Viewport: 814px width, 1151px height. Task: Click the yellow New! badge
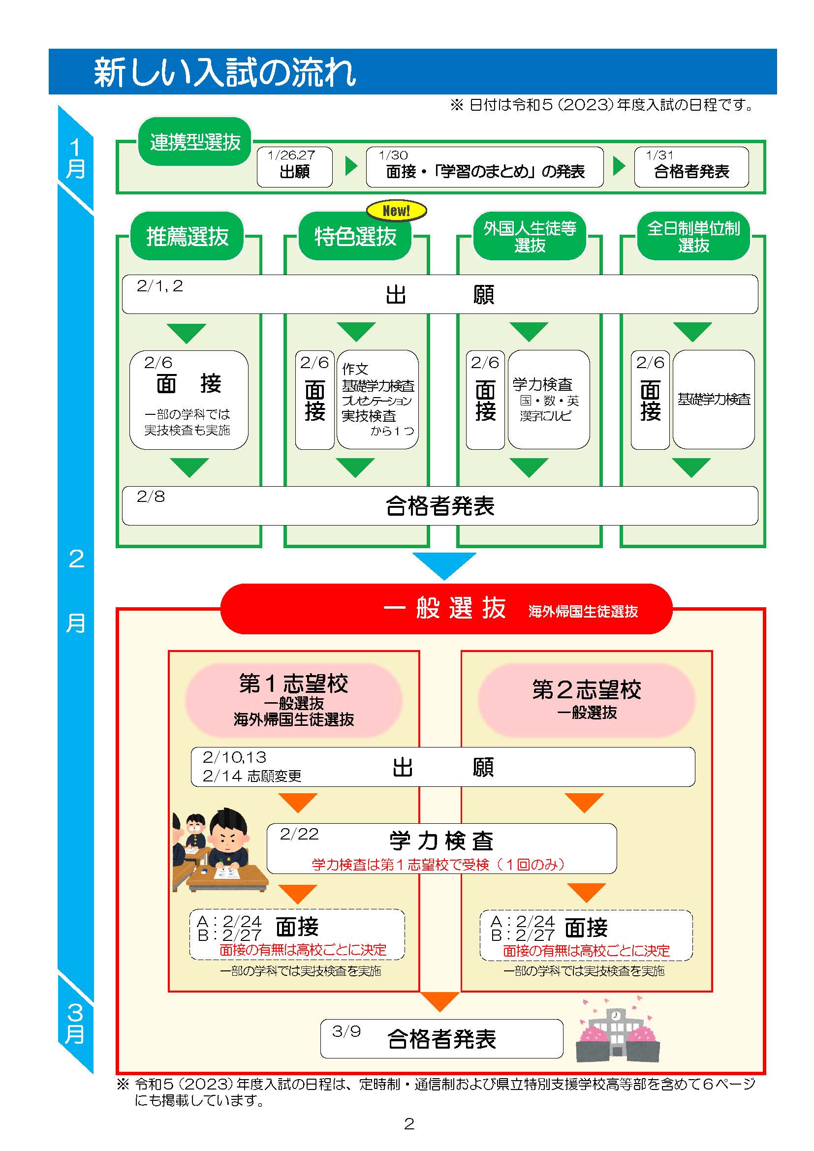pyautogui.click(x=397, y=211)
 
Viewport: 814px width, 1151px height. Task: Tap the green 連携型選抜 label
pyautogui.click(x=194, y=142)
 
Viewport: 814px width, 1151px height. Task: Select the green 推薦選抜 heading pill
pyautogui.click(x=187, y=236)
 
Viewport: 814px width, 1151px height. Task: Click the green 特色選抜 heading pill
pyautogui.click(x=355, y=236)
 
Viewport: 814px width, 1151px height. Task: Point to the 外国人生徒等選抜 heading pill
pyautogui.click(x=530, y=236)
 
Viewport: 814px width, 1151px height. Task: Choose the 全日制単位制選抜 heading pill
pyautogui.click(x=693, y=236)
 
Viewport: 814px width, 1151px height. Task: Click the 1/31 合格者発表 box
pyautogui.click(x=691, y=167)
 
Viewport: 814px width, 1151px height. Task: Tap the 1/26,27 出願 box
pyautogui.click(x=295, y=167)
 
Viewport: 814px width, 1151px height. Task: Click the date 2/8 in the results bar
pyautogui.click(x=151, y=497)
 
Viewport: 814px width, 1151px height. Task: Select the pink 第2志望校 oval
pyautogui.click(x=587, y=700)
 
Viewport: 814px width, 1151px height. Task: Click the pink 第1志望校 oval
pyautogui.click(x=294, y=700)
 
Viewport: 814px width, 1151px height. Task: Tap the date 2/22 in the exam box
pyautogui.click(x=299, y=834)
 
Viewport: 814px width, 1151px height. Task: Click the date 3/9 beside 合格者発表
pyautogui.click(x=346, y=1031)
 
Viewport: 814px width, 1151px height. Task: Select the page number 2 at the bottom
pyautogui.click(x=409, y=1124)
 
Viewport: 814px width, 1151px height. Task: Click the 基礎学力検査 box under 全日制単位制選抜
pyautogui.click(x=713, y=399)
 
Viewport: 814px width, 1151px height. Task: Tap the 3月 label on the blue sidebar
pyautogui.click(x=75, y=1023)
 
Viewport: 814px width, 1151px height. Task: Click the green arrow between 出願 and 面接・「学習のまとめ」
pyautogui.click(x=351, y=166)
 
